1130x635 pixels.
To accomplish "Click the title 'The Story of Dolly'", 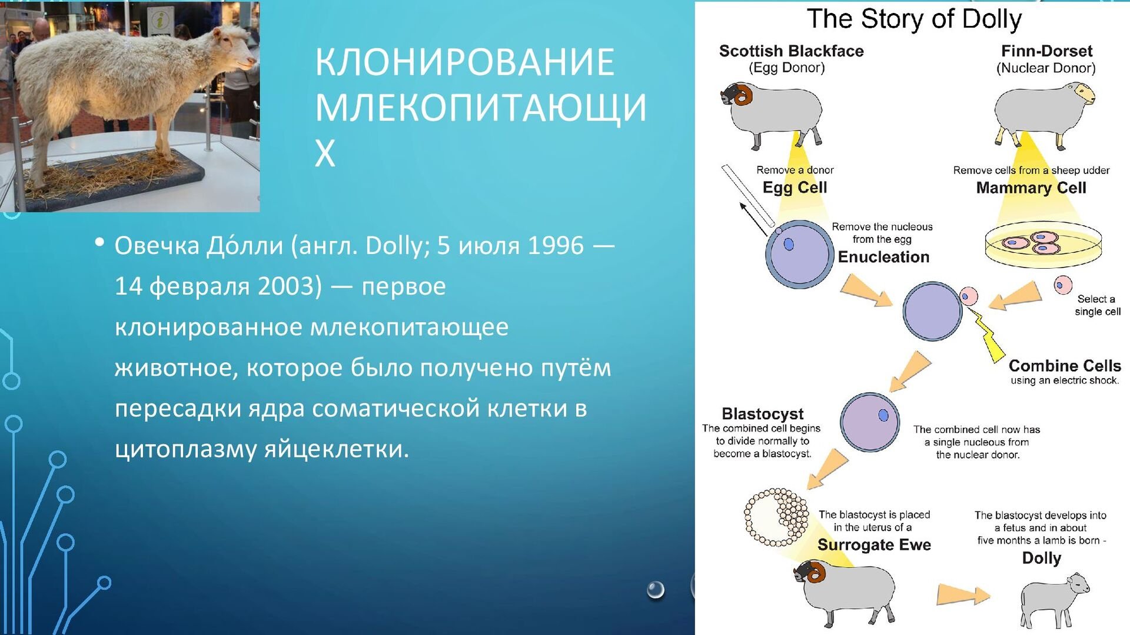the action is coord(914,19).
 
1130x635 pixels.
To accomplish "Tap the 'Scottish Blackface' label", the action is coord(791,51).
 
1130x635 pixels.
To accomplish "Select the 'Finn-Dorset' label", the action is coord(1046,51).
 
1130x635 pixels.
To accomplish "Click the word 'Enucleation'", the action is coord(883,257).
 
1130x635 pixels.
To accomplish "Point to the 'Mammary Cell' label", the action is coord(1031,188).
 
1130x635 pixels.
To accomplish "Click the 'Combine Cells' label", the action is coord(1065,366).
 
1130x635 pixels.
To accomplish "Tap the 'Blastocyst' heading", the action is coord(762,414).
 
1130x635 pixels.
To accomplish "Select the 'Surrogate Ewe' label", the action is coord(874,545).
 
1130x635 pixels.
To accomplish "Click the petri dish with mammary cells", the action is coord(1043,245).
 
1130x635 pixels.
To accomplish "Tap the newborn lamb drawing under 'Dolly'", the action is coord(1053,601).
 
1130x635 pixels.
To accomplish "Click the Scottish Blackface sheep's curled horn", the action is coord(745,94).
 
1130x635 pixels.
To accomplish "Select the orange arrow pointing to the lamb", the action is coord(963,594).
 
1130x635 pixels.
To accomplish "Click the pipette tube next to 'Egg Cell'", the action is coord(747,196).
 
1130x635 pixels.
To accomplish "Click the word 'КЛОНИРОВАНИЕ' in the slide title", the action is coord(465,62).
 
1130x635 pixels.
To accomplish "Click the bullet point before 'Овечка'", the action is coord(99,242).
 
